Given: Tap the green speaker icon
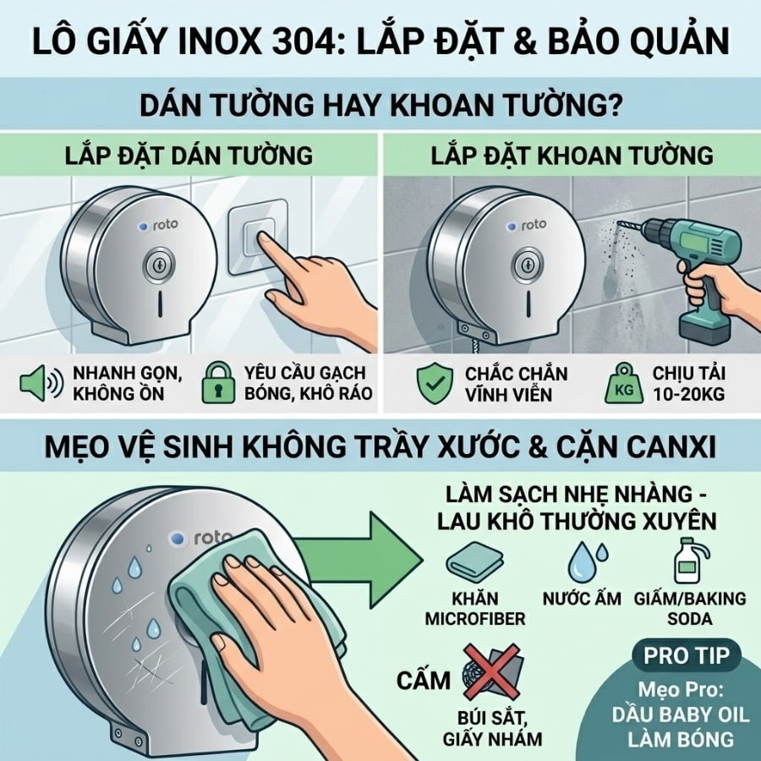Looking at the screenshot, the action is point(41,383).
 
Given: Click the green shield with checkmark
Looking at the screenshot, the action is point(435,384).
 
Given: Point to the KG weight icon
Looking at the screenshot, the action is point(624,385).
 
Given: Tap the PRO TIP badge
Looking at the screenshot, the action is point(687,655).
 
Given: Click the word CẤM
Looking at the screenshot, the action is point(424,680).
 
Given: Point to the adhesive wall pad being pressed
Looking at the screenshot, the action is point(258,238).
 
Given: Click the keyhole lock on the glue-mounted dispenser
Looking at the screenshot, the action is point(158,266).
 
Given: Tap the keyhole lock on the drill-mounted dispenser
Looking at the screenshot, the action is point(528,265).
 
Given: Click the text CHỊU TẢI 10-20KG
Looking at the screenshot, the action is point(688,383).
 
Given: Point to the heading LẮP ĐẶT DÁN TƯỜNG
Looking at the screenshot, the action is point(189,156).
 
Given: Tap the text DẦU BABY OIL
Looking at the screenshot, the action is point(681,714).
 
